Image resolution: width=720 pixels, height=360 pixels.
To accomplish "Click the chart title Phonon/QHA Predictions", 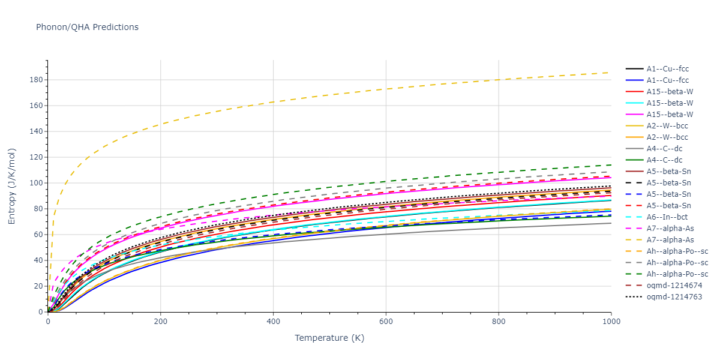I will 87,27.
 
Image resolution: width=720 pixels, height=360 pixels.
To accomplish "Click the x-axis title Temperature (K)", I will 329,338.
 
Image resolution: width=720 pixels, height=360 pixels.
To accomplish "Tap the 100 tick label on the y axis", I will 37,183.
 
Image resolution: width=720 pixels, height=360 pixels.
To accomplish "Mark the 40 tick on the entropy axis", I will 39,260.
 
